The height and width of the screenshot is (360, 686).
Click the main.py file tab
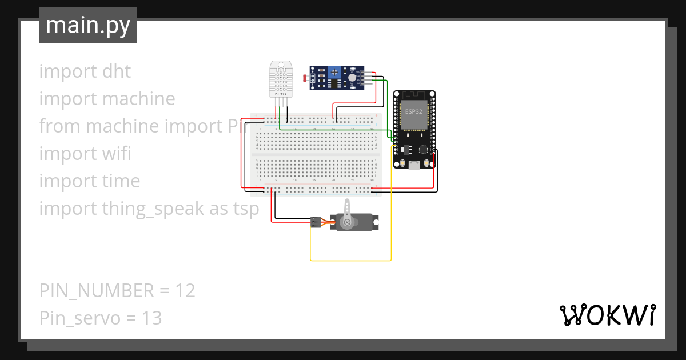point(88,26)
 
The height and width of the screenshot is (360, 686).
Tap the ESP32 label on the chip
point(414,111)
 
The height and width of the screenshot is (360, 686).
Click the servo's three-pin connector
point(315,222)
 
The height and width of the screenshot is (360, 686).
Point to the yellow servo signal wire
point(351,261)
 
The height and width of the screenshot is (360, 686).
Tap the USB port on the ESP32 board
point(413,165)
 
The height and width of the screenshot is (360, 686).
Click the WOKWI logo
point(607,315)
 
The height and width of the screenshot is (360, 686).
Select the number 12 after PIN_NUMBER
point(185,291)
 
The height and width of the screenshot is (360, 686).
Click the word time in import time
point(121,181)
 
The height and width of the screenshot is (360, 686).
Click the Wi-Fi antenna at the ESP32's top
point(414,95)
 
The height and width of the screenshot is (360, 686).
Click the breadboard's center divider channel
point(316,154)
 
